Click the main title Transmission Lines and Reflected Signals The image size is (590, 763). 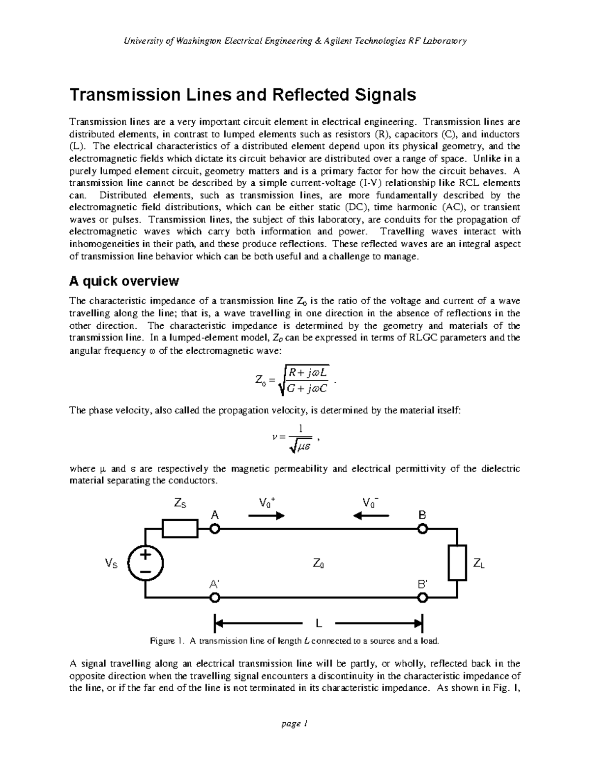pyautogui.click(x=242, y=95)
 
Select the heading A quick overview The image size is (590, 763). pyautogui.click(x=124, y=282)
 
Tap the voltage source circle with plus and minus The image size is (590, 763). pyautogui.click(x=145, y=563)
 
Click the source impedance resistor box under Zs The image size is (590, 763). pyautogui.click(x=180, y=529)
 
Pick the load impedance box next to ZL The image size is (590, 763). pyautogui.click(x=457, y=563)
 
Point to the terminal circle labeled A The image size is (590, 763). pyautogui.click(x=215, y=529)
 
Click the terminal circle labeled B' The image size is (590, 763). pyautogui.click(x=422, y=598)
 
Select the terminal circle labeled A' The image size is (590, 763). pyautogui.click(x=215, y=598)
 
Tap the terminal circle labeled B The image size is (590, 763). pyautogui.click(x=422, y=529)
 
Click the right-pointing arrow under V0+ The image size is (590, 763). pyautogui.click(x=266, y=516)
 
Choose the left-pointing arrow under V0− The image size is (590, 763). pyautogui.click(x=371, y=516)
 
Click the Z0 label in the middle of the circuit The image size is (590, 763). pyautogui.click(x=319, y=564)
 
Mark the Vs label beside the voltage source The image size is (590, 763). pyautogui.click(x=112, y=564)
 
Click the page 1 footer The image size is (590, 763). pyautogui.click(x=295, y=724)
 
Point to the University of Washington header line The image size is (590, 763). pyautogui.click(x=295, y=41)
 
